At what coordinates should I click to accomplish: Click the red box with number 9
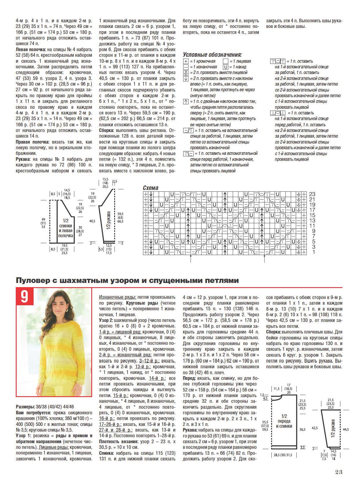click(24, 296)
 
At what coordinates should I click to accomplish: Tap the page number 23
click(339, 472)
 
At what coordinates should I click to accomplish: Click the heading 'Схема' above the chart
click(150, 188)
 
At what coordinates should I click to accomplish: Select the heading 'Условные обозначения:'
click(212, 55)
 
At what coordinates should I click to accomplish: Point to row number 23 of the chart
click(312, 194)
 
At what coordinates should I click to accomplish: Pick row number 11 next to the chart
click(312, 226)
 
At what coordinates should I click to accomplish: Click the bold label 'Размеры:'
click(25, 407)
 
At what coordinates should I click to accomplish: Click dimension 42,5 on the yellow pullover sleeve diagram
click(315, 428)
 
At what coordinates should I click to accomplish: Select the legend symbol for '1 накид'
click(226, 67)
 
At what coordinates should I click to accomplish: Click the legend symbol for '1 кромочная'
click(186, 61)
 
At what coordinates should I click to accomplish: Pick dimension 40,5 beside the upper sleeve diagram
click(92, 221)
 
